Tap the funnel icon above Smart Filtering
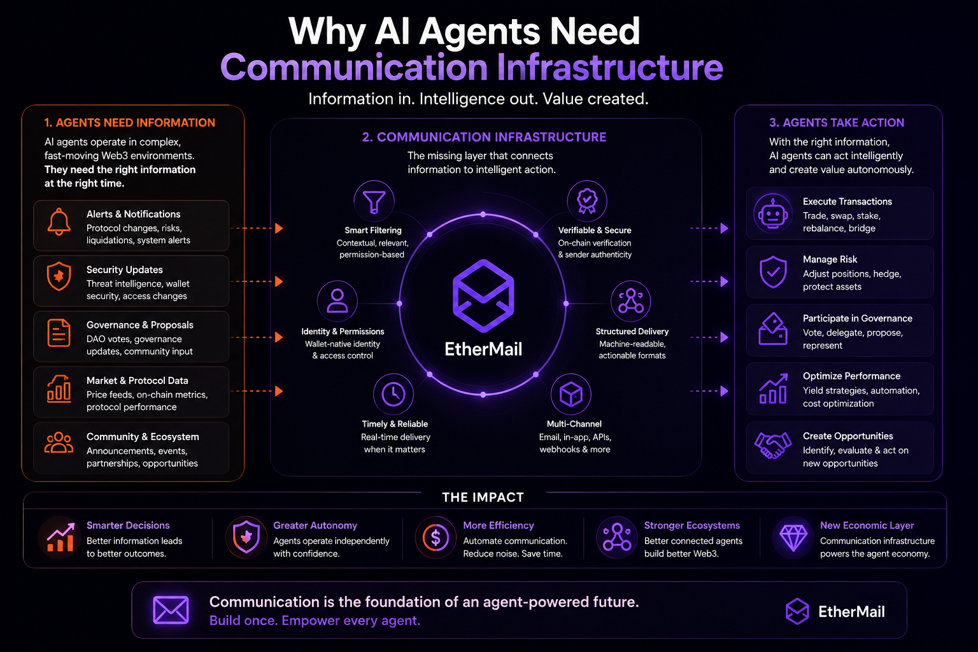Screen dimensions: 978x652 click(x=374, y=202)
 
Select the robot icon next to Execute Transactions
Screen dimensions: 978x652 click(x=773, y=214)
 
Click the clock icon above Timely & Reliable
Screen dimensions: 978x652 click(x=393, y=394)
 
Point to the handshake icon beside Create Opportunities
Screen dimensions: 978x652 click(x=773, y=445)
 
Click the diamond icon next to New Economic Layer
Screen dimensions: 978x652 click(x=793, y=537)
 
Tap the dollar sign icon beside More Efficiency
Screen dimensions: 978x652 click(x=436, y=537)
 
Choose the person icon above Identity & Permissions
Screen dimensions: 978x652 click(x=337, y=301)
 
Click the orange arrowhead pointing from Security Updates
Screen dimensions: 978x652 click(x=279, y=281)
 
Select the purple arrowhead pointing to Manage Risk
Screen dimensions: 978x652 click(x=725, y=281)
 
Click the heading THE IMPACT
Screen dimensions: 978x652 click(x=483, y=497)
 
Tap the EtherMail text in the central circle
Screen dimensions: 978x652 click(x=483, y=350)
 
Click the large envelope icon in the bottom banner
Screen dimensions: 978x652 click(x=171, y=610)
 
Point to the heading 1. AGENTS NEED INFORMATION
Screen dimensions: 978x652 click(x=130, y=123)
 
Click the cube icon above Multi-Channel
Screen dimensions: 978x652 click(x=570, y=394)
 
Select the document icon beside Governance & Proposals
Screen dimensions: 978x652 click(x=59, y=333)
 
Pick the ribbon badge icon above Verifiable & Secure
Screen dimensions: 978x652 click(x=587, y=201)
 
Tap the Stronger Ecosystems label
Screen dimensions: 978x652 click(x=692, y=525)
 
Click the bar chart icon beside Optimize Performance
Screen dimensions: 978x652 click(x=773, y=388)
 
